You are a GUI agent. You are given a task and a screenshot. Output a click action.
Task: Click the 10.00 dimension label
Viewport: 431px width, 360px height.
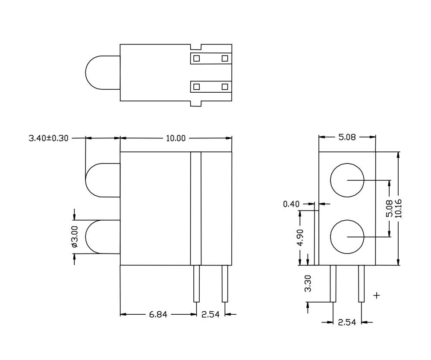click(x=176, y=138)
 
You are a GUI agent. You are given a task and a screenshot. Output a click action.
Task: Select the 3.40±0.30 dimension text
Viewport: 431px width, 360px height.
click(x=48, y=138)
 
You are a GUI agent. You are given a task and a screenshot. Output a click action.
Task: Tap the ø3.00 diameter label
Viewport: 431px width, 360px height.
click(x=74, y=236)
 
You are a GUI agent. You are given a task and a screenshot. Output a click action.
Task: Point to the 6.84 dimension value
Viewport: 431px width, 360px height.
click(x=158, y=314)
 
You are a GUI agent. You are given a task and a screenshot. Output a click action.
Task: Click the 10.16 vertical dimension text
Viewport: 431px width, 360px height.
click(x=397, y=208)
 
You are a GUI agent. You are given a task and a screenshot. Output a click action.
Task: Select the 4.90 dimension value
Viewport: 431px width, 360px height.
click(x=301, y=237)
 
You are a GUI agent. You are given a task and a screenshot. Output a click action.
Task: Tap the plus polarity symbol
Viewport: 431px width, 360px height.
click(x=377, y=295)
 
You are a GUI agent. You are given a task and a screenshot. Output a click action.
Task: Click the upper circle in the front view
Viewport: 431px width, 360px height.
click(x=347, y=180)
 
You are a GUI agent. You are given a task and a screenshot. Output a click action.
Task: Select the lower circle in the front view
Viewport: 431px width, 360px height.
click(x=347, y=236)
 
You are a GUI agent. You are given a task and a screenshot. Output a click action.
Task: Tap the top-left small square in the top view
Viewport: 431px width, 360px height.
click(x=196, y=59)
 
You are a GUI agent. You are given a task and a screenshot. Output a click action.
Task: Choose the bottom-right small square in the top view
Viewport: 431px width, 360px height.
click(x=224, y=87)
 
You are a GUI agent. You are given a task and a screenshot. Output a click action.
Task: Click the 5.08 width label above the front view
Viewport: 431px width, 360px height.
click(x=347, y=137)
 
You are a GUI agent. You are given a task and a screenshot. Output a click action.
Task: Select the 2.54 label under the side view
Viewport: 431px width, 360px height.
click(x=211, y=314)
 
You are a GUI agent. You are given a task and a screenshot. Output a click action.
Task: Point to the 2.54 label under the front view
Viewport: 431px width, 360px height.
click(x=347, y=322)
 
